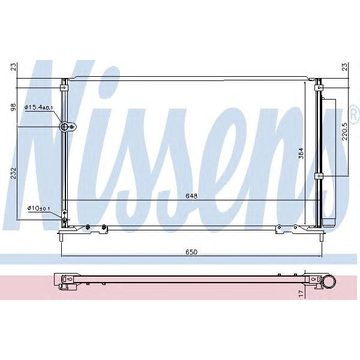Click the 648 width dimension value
[191, 196]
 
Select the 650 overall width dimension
[191, 252]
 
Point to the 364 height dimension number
[302, 155]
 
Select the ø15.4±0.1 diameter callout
[39, 108]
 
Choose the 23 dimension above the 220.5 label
[344, 68]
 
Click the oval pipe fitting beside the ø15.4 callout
[67, 127]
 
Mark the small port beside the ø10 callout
[64, 220]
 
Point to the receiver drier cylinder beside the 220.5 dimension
[328, 162]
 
